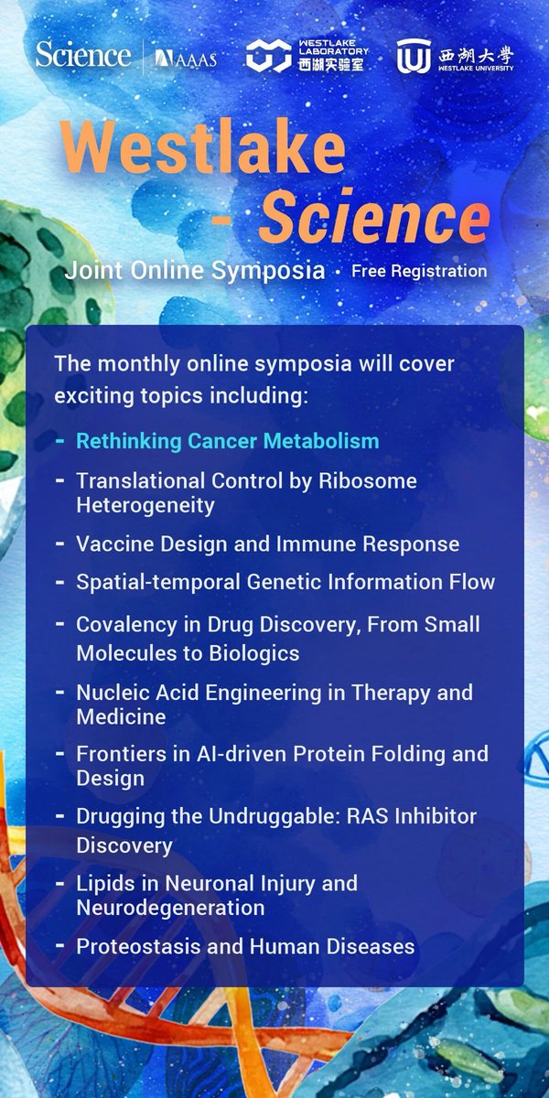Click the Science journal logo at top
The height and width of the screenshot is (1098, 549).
click(x=83, y=55)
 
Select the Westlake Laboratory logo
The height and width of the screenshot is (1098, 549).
click(x=306, y=56)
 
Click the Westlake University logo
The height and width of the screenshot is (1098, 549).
click(x=455, y=56)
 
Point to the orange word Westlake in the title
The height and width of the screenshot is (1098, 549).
click(x=203, y=148)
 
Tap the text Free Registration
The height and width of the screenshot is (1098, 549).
click(x=419, y=272)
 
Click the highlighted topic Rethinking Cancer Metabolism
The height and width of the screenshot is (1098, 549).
click(x=227, y=441)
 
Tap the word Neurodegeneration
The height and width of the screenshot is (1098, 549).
click(x=170, y=908)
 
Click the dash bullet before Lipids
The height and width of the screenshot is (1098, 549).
click(x=59, y=883)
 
